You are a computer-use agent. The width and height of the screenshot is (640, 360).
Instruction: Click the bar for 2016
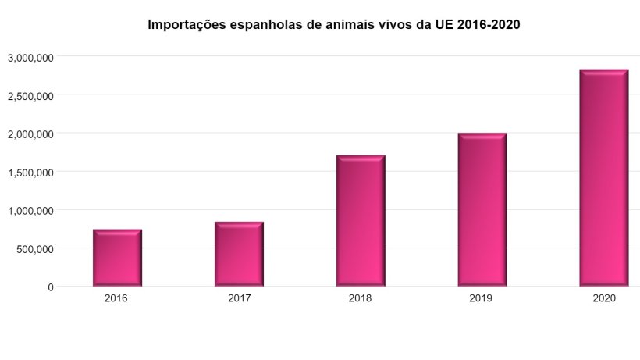tap(117, 258)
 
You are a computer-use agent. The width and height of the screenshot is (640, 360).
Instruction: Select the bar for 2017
tap(239, 255)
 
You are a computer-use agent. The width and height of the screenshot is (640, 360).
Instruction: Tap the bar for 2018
tap(361, 221)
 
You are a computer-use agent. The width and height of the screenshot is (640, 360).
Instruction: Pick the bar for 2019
tap(482, 210)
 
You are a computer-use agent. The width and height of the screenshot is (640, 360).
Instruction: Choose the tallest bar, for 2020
tap(604, 178)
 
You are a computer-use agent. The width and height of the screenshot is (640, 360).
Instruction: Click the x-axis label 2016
tap(116, 299)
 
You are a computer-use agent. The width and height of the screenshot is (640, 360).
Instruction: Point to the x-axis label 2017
tap(239, 299)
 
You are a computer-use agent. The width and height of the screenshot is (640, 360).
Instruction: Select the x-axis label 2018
tap(361, 299)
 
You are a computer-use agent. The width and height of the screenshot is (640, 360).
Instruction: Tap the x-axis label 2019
tap(482, 299)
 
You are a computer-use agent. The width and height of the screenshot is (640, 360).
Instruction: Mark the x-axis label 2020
tap(604, 299)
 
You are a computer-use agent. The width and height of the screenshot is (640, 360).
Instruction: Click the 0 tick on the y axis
tap(51, 287)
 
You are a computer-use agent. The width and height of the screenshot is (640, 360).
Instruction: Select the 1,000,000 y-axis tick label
tap(30, 211)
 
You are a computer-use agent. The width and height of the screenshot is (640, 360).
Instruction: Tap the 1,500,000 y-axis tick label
tap(30, 173)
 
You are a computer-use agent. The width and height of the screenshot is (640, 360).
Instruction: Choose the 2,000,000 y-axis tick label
tap(30, 134)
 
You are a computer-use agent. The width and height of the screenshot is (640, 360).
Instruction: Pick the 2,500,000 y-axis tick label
tap(30, 96)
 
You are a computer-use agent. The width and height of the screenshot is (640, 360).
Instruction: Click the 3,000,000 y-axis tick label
tap(30, 58)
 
